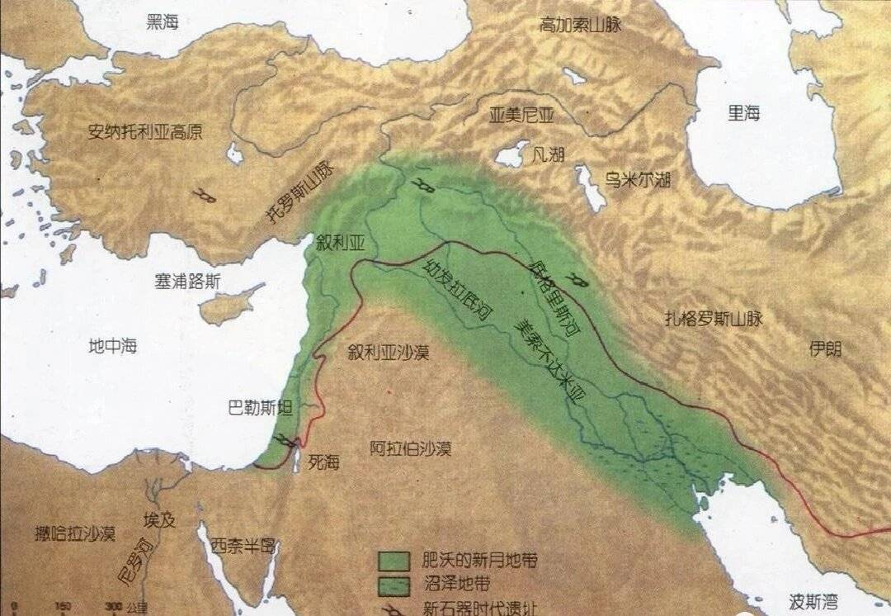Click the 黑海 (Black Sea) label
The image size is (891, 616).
(x=163, y=23)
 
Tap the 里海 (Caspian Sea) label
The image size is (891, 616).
(x=743, y=113)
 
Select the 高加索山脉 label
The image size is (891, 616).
(x=580, y=24)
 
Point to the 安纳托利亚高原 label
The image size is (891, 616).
(x=145, y=131)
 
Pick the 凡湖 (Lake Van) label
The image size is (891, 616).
(x=549, y=154)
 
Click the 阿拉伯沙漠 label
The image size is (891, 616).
(x=410, y=449)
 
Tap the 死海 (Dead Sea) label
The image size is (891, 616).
(x=323, y=462)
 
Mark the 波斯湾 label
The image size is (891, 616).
(x=804, y=597)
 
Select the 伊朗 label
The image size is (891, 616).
(x=825, y=348)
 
